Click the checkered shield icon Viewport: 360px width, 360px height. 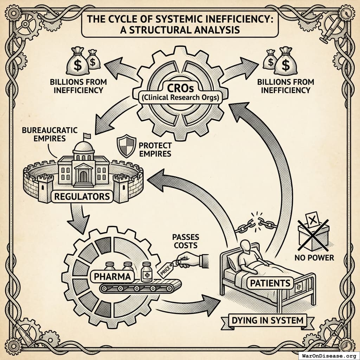pos(126,147)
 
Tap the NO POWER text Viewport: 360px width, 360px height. pos(314,258)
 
